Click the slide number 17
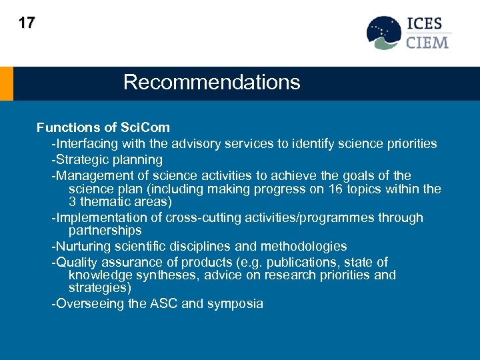(27, 23)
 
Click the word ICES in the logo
(425, 24)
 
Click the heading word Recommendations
(211, 83)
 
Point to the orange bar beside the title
(6, 83)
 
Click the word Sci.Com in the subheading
(145, 127)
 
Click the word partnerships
(105, 231)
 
